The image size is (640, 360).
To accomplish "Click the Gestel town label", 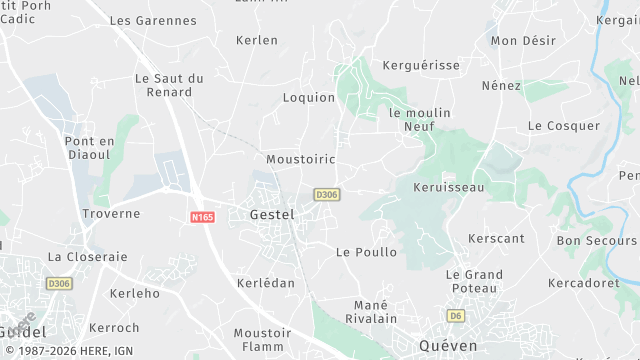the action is [272, 214].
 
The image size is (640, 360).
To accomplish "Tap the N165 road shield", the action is [202, 215].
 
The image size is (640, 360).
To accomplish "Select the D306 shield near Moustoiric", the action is [326, 194].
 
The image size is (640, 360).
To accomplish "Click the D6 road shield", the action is [456, 316].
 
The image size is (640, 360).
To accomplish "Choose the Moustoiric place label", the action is [301, 159].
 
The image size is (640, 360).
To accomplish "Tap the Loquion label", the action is [309, 98].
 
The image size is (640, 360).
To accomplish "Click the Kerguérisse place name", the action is [421, 65].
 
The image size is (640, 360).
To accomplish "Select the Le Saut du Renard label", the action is [169, 85].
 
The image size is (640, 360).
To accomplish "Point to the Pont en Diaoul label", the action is [90, 149].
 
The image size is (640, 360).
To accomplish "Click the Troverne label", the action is [111, 214].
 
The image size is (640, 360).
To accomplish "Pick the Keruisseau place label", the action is [448, 187].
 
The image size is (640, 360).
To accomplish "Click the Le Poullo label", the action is [366, 252].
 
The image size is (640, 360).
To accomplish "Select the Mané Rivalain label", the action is [376, 311].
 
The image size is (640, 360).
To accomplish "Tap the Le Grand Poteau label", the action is [474, 281].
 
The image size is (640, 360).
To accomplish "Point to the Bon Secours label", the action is [596, 241].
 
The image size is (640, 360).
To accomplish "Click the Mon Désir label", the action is [523, 41].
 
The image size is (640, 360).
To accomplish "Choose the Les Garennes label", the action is [153, 20].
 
